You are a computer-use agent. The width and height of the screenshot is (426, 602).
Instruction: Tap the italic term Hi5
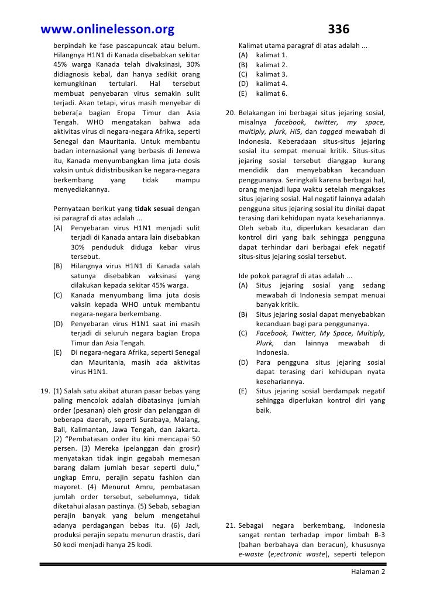295,132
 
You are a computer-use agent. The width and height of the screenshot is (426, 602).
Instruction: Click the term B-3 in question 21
376,535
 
